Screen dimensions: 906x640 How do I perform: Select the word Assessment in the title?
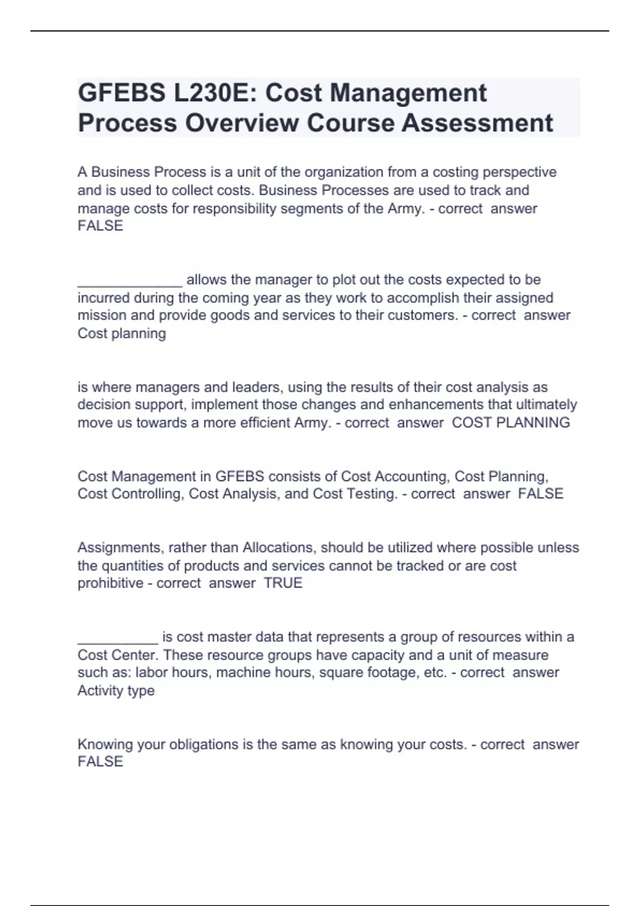click(x=477, y=123)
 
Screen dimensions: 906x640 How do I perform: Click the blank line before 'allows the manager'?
click(x=130, y=280)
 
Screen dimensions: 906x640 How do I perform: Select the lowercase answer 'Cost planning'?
click(x=122, y=334)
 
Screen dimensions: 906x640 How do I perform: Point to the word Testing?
click(x=370, y=494)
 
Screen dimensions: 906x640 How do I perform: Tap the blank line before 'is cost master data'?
click(x=117, y=637)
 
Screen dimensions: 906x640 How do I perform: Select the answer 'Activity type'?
click(x=116, y=691)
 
